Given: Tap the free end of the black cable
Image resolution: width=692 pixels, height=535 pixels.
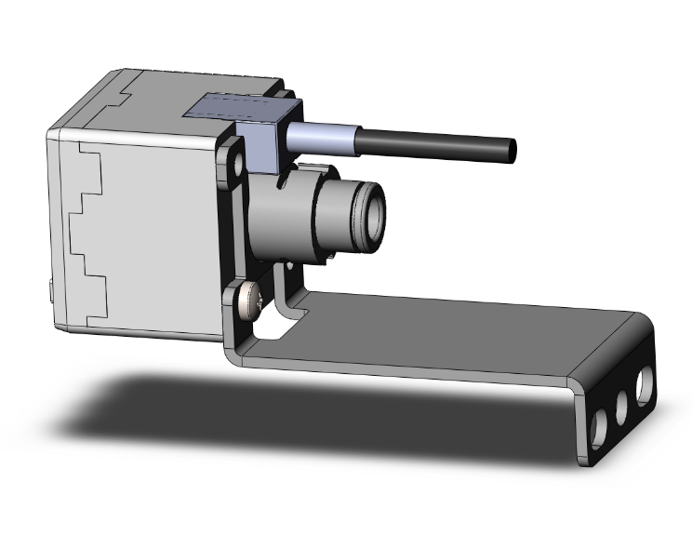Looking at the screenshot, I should tap(512, 148).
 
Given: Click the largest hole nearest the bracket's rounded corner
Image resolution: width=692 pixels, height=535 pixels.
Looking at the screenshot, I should tap(643, 382).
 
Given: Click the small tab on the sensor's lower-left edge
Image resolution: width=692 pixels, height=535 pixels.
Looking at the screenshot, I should tap(49, 293).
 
